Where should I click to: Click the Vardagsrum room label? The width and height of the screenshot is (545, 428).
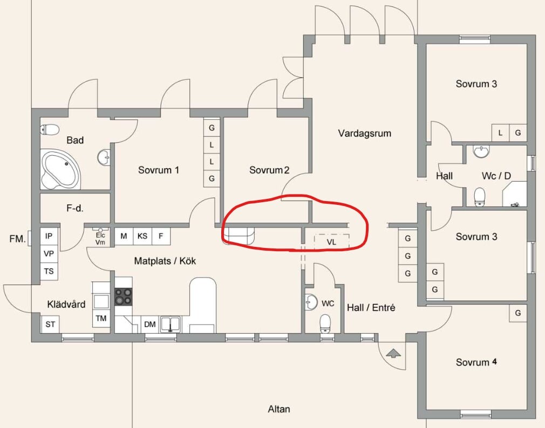365,133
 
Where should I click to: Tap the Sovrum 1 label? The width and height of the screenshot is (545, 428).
159,170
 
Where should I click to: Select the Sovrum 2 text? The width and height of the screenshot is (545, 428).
269,170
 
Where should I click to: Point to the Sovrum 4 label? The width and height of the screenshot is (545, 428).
476,362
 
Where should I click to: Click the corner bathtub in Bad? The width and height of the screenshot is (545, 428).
60,170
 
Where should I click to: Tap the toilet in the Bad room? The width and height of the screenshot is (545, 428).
50,130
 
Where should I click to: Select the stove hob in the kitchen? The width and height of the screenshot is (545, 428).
124,297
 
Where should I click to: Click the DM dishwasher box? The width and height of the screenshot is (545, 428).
150,324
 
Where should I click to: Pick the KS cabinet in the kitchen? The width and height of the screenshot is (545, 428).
142,237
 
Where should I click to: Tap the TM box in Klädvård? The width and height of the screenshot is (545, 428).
101,319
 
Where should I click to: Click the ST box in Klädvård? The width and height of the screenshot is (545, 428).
50,324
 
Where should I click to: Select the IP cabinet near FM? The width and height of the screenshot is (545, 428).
49,236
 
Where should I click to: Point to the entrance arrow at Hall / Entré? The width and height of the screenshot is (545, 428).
393,354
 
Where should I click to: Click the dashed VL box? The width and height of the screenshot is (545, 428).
332,241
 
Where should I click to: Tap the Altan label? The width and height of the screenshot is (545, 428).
279,409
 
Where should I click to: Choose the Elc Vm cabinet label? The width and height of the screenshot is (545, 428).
100,239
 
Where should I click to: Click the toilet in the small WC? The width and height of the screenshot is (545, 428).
325,323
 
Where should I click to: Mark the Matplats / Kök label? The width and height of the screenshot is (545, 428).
165,261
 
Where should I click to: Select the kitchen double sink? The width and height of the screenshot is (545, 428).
171,324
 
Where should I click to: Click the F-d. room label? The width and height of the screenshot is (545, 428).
74,208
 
